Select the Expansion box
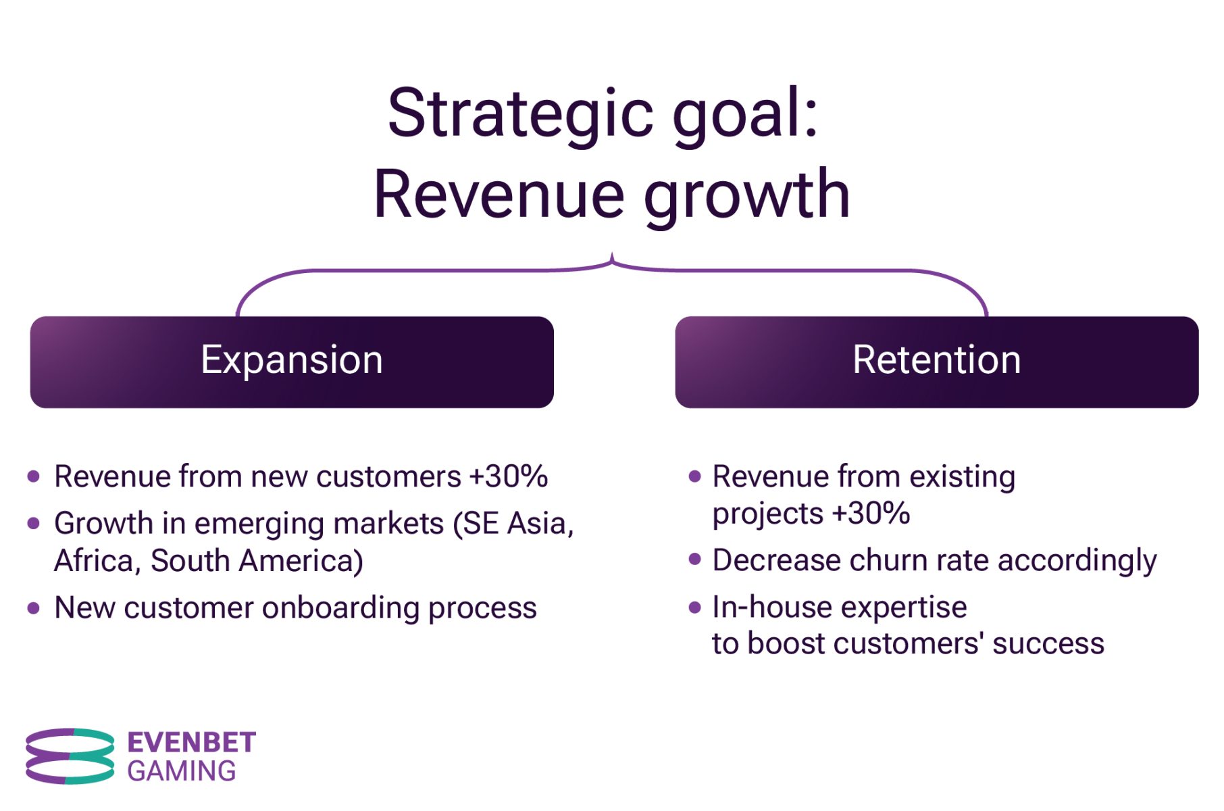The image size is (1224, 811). click(292, 362)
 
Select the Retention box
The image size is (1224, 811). click(936, 362)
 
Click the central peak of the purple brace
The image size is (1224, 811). click(612, 257)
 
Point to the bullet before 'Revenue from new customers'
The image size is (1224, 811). click(33, 476)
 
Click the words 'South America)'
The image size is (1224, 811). click(257, 561)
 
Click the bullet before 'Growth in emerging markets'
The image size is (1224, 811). click(33, 523)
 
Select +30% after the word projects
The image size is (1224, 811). click(871, 514)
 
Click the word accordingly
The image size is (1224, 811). click(1077, 562)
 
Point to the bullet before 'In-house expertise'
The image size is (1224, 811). click(694, 607)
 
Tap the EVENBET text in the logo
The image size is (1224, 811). click(192, 743)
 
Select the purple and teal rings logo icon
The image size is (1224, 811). click(70, 756)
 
